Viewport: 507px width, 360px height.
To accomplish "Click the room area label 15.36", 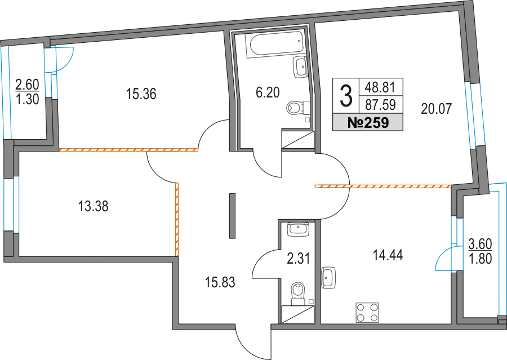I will pos(141,94).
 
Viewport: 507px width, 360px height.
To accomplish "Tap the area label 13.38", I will pos(94,207).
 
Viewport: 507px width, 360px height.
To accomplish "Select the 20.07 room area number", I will pos(436,108).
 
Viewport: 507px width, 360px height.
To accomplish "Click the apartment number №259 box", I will pos(367,122).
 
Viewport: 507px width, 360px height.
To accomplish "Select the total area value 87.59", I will pos(380,104).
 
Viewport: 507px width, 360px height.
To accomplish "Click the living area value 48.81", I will pos(380,87).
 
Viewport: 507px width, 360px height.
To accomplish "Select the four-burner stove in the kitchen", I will pos(367,313).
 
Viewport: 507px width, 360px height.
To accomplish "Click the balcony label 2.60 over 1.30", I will pos(27,91).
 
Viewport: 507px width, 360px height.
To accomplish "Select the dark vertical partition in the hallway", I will pos(232,215).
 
